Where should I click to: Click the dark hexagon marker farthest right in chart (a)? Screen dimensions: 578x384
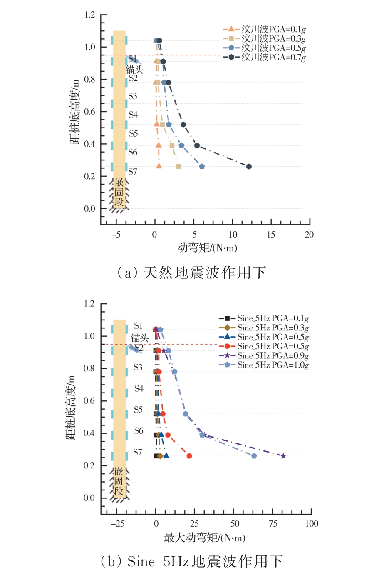(249, 166)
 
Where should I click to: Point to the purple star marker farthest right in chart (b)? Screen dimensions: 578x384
(283, 456)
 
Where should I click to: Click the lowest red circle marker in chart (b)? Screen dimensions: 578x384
(189, 456)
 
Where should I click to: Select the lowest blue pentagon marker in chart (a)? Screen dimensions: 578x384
(202, 166)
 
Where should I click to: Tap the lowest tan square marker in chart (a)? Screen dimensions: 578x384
(178, 166)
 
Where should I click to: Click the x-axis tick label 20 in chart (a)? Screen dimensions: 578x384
(309, 235)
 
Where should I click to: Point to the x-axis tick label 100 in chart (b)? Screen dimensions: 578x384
(312, 524)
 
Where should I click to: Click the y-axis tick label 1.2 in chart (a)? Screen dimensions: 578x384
(90, 15)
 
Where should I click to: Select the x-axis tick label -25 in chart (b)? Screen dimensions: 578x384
(118, 524)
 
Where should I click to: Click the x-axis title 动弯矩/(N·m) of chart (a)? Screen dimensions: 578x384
(207, 248)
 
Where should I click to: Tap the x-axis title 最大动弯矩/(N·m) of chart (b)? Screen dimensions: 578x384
(204, 538)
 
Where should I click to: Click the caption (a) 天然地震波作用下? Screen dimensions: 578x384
(192, 273)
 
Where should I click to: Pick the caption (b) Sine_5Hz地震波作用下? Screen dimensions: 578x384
(192, 561)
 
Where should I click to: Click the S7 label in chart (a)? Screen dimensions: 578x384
(133, 172)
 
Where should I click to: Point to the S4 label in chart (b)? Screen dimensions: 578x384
(139, 388)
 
